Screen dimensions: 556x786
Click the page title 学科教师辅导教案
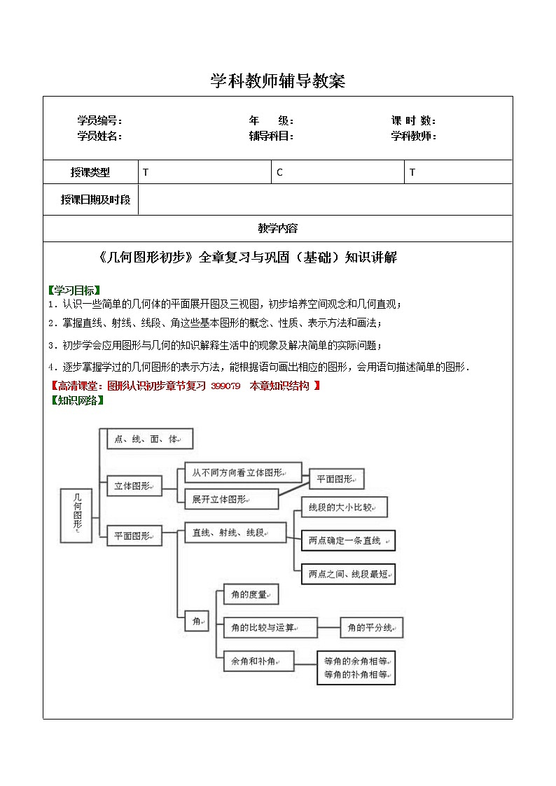[278, 82]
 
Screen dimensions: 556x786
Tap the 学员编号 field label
[99, 121]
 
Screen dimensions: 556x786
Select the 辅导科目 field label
[271, 136]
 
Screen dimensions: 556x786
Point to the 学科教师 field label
[413, 136]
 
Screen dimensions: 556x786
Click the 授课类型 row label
[90, 172]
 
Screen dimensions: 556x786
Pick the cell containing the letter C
[338, 172]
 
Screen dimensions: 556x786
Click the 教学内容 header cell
[278, 228]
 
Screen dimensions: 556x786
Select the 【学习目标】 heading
[74, 290]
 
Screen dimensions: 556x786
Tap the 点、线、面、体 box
[149, 439]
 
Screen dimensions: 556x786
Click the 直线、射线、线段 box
[235, 533]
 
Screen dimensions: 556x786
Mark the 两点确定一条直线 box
[348, 540]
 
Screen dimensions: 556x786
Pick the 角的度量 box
[251, 595]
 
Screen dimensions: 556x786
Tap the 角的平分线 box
[372, 628]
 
